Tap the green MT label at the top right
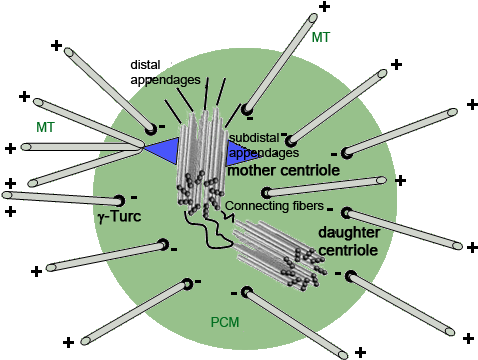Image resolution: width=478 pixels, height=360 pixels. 321,37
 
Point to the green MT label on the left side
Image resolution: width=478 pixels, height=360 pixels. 45,128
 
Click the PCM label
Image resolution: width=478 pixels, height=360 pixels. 224,322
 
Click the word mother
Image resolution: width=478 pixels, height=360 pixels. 254,171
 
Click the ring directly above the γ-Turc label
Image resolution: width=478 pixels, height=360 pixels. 120,198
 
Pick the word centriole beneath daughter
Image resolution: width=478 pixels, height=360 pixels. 348,249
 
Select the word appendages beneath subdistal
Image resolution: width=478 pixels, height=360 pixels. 264,153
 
